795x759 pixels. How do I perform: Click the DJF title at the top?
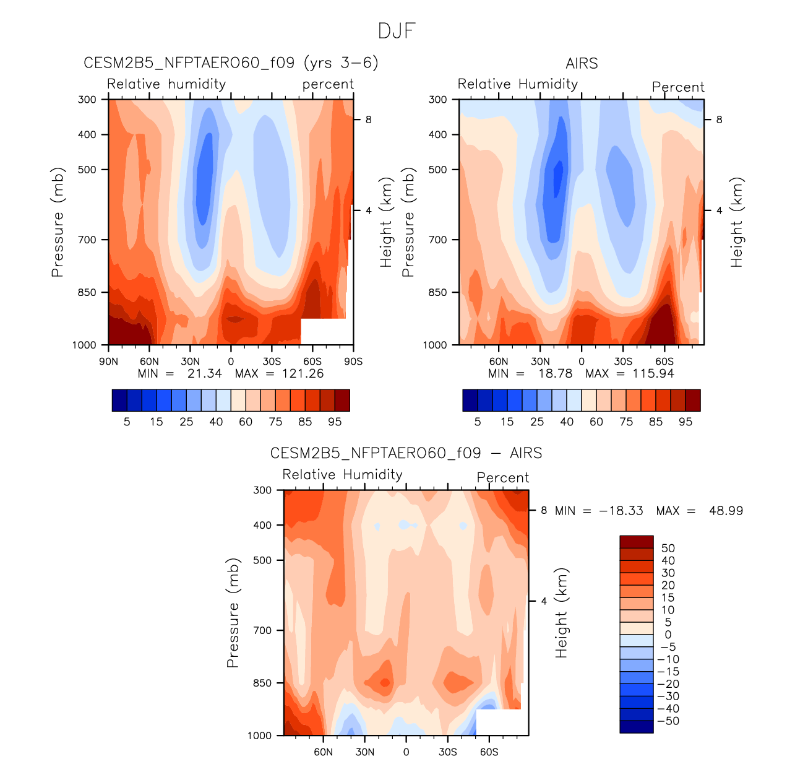click(397, 31)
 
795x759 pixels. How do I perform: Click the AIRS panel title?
click(582, 64)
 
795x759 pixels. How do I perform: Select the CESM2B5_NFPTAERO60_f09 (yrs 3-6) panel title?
click(231, 63)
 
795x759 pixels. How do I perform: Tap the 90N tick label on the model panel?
click(108, 362)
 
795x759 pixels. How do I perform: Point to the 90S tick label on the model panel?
click(353, 362)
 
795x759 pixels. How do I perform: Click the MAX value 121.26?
click(303, 374)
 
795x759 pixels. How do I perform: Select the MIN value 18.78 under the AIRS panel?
click(555, 374)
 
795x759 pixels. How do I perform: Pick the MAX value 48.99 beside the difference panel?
click(726, 511)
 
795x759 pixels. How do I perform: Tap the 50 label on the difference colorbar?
click(668, 548)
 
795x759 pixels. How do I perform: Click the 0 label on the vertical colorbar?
click(668, 635)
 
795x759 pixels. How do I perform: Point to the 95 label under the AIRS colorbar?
click(685, 422)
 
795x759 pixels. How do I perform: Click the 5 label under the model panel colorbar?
click(127, 422)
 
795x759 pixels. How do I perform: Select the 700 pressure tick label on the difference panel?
click(262, 630)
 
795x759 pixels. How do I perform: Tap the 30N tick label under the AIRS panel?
click(540, 362)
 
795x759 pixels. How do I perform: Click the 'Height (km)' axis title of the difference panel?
click(561, 612)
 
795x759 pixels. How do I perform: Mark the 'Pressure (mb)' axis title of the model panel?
click(58, 222)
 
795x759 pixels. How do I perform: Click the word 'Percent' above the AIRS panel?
click(678, 87)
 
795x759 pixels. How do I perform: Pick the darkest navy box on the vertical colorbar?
click(637, 727)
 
